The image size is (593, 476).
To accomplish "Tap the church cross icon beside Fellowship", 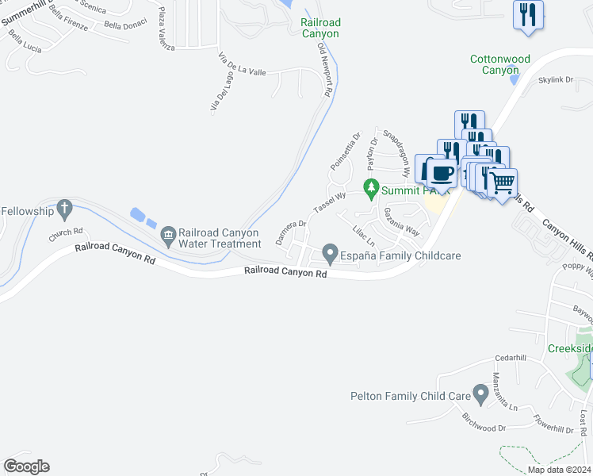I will (x=65, y=210).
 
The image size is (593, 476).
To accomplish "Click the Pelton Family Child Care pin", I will (x=480, y=393).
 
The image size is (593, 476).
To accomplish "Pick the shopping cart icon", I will (x=502, y=183).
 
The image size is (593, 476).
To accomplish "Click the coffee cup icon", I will (x=441, y=172).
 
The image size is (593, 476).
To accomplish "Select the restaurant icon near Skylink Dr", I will (x=528, y=15).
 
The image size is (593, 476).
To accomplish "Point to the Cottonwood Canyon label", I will (x=499, y=64).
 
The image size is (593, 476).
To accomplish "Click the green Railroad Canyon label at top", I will (x=320, y=29).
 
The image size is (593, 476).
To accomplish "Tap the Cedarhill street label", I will (x=510, y=358).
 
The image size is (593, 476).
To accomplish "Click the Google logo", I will (x=26, y=466).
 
